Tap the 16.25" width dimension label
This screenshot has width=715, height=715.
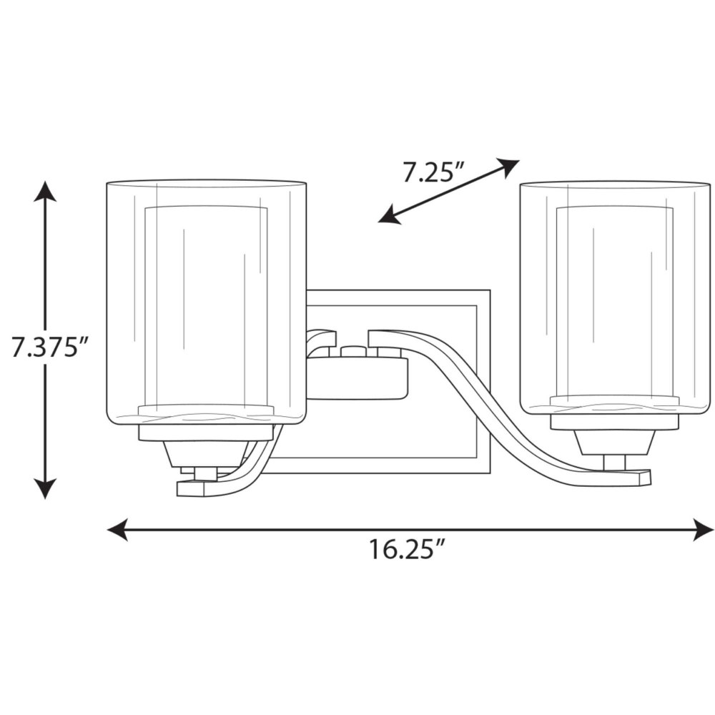[x=406, y=549]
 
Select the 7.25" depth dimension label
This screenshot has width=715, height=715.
[x=433, y=173]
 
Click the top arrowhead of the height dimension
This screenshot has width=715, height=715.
[x=45, y=191]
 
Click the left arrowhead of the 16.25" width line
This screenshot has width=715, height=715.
[x=117, y=529]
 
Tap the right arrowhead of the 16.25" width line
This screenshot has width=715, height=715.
[x=703, y=529]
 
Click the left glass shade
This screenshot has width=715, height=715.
[x=206, y=301]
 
